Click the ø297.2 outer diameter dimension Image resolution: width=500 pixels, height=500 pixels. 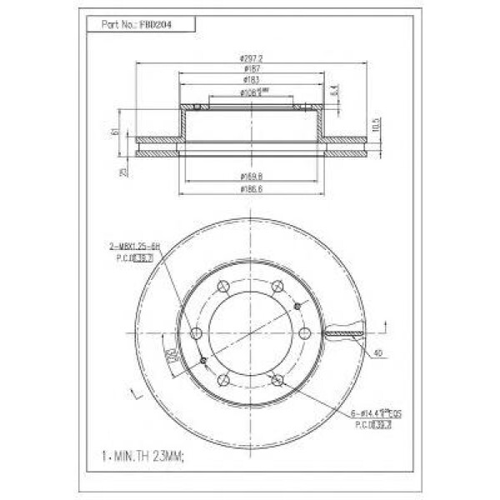(x=251, y=57)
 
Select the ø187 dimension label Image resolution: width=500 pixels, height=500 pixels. (x=251, y=69)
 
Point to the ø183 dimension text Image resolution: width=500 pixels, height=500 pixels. (x=251, y=81)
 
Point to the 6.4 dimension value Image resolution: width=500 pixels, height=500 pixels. (x=334, y=89)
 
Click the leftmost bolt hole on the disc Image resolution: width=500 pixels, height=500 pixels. (x=197, y=333)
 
